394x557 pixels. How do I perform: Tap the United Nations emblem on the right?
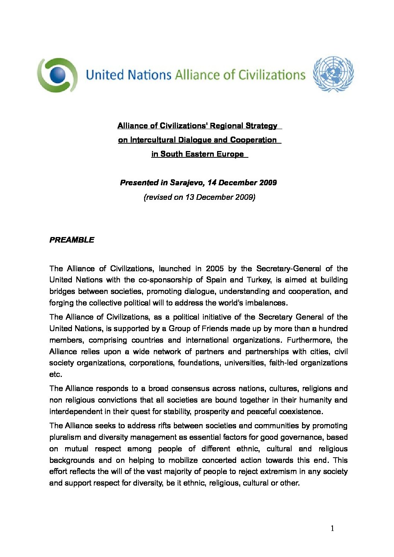point(333,74)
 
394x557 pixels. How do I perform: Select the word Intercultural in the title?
point(153,140)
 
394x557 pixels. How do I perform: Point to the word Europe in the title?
point(230,154)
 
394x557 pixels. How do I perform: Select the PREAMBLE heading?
point(72,240)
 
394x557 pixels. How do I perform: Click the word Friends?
point(215,329)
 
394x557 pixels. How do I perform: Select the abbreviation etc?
point(55,374)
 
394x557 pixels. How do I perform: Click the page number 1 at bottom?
point(332,528)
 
